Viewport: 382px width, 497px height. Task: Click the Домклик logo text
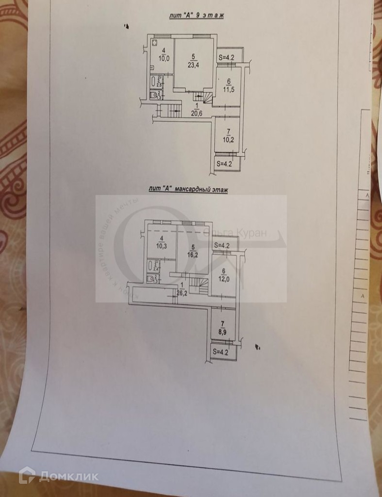(68, 476)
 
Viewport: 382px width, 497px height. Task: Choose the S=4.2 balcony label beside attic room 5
(224, 245)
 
